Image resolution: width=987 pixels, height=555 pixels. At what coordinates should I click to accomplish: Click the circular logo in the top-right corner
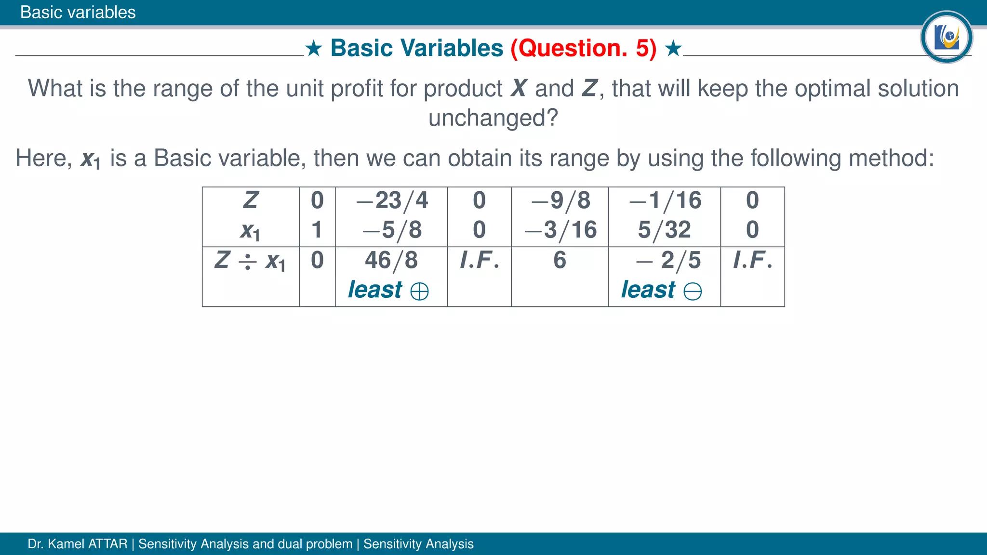(x=946, y=37)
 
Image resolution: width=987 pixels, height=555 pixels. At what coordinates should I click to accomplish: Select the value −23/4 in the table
(x=392, y=200)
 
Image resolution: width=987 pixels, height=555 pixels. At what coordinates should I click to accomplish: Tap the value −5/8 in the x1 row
(x=392, y=230)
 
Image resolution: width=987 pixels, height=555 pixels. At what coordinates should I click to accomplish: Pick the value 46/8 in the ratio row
(x=391, y=261)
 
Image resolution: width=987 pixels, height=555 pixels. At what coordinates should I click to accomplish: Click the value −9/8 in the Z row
(x=560, y=200)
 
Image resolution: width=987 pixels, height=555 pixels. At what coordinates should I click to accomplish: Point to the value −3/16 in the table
(x=560, y=230)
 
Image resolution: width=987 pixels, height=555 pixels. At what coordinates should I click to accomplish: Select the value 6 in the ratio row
(x=560, y=261)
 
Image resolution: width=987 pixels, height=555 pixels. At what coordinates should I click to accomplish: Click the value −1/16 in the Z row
(x=665, y=200)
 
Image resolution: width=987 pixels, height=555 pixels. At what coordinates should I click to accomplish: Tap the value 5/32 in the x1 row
(x=664, y=230)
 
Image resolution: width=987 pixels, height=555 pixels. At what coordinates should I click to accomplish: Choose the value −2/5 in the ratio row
(x=668, y=261)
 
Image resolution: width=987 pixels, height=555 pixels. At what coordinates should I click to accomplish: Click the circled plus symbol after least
(x=419, y=291)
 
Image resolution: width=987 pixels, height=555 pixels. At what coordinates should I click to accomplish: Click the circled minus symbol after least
(x=693, y=291)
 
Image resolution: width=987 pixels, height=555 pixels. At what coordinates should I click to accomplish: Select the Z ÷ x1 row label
(x=250, y=261)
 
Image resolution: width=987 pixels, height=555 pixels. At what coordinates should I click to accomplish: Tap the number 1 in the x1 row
(x=317, y=230)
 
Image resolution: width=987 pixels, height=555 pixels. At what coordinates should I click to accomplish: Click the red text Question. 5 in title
(x=584, y=48)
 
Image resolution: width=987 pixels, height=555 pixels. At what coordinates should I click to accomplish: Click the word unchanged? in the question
(x=493, y=118)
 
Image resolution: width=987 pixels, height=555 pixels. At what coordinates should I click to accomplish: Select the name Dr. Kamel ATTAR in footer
(x=77, y=544)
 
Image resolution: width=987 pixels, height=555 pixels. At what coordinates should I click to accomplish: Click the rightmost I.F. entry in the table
(x=752, y=261)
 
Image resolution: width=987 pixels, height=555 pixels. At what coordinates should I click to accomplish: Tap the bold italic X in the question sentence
(x=519, y=89)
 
